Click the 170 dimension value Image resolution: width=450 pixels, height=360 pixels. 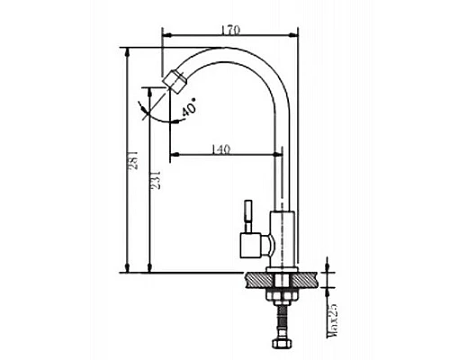click(x=230, y=31)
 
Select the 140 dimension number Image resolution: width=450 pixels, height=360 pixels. click(x=220, y=149)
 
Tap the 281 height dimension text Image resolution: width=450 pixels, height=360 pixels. click(x=133, y=159)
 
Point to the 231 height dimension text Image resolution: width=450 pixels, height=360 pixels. click(x=156, y=180)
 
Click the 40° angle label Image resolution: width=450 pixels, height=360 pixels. click(x=189, y=107)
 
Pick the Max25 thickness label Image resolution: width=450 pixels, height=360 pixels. click(x=332, y=320)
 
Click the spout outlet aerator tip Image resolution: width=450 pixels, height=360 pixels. click(x=174, y=80)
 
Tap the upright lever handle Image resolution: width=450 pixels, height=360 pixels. click(x=248, y=216)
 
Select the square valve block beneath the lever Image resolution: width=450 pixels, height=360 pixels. click(x=251, y=245)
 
